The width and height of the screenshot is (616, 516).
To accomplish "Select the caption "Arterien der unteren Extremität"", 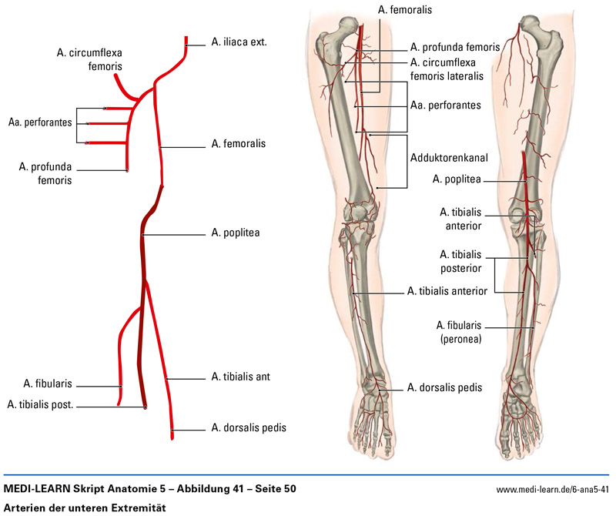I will (85, 508).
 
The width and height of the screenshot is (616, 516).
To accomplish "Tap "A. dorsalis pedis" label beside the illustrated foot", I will (444, 388).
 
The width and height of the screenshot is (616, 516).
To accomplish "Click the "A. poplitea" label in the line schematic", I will (236, 232).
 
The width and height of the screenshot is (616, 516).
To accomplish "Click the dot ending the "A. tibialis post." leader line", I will (146, 407).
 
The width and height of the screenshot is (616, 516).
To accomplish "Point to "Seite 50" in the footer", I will (275, 489).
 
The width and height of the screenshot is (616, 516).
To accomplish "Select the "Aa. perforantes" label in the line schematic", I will (40, 122).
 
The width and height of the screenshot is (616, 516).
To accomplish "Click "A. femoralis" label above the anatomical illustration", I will (405, 10).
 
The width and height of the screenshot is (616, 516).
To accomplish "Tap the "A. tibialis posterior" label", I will (460, 262).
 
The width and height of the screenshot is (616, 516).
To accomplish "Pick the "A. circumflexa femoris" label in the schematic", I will (89, 59).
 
